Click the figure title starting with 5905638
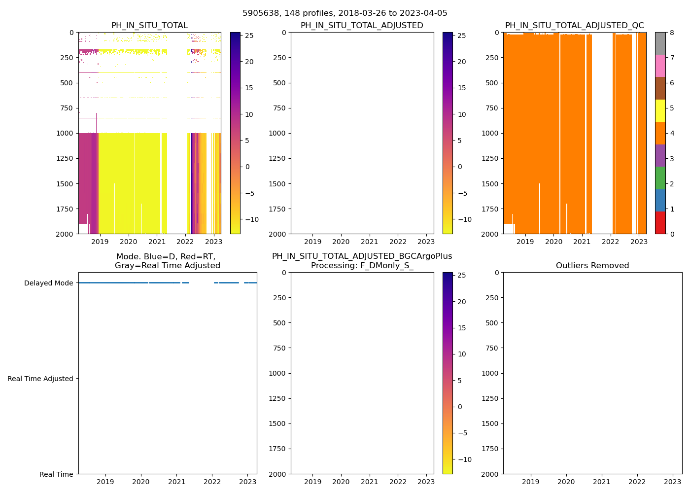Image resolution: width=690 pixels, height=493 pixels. (345, 13)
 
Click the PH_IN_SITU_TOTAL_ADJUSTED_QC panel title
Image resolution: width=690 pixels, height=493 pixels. (574, 26)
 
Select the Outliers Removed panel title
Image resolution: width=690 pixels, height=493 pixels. (592, 266)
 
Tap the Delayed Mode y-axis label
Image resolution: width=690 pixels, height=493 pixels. (48, 283)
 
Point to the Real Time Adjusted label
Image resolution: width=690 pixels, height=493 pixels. (40, 379)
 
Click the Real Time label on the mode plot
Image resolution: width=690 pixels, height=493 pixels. (56, 474)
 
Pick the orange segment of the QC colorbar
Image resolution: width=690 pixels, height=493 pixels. (660, 133)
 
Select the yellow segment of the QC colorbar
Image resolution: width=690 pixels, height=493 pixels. (660, 110)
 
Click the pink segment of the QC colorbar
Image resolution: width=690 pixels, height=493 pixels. (660, 66)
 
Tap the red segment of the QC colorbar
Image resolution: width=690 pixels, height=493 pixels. (660, 223)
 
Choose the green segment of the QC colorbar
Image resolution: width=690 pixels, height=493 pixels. (660, 178)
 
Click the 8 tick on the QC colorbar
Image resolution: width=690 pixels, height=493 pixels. (672, 33)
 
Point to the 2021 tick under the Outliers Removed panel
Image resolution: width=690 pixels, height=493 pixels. (601, 482)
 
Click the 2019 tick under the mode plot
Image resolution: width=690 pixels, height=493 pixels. (105, 482)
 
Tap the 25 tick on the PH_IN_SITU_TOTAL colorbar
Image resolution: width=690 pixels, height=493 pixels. (249, 35)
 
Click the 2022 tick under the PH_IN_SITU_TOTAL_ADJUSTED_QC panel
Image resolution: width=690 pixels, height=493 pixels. (610, 242)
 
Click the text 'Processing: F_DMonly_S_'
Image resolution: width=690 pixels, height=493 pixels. (362, 266)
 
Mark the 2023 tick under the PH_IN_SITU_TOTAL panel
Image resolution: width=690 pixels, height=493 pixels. (213, 242)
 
